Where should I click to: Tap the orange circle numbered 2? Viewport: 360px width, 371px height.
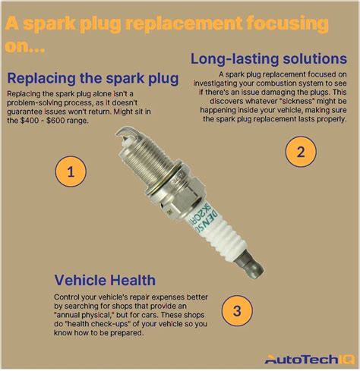pos(300,151)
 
